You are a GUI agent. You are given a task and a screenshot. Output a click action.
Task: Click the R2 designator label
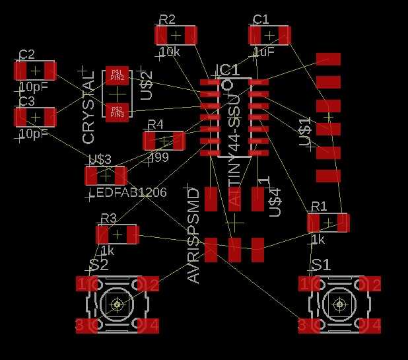click(168, 18)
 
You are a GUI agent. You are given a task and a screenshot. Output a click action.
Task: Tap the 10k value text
click(169, 52)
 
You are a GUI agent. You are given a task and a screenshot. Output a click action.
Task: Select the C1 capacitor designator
click(261, 18)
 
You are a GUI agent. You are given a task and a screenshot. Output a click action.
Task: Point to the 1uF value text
click(263, 52)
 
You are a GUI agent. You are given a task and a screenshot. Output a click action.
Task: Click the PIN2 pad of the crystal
click(117, 76)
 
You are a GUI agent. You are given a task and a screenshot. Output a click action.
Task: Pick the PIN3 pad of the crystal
click(117, 111)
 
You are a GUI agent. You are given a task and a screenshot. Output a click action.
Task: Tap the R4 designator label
click(155, 125)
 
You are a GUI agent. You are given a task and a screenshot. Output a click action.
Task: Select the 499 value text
click(159, 158)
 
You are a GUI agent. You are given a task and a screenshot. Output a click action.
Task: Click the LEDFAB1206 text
click(127, 192)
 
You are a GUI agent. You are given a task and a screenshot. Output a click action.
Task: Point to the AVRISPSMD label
click(194, 236)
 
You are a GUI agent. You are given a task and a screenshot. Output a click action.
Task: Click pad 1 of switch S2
click(82, 284)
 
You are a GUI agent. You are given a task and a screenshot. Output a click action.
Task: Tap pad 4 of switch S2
click(153, 325)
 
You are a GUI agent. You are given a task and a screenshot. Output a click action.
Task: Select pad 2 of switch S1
click(376, 284)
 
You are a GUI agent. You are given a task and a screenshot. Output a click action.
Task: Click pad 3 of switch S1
click(303, 325)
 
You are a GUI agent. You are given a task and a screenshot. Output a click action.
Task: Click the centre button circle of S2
click(118, 305)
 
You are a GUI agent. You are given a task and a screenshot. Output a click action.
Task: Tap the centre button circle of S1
click(339, 305)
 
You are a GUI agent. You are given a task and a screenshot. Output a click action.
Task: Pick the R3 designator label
click(108, 218)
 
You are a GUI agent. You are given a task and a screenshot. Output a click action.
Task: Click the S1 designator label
click(322, 265)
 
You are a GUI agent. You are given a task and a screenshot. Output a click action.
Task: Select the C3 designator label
click(27, 101)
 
